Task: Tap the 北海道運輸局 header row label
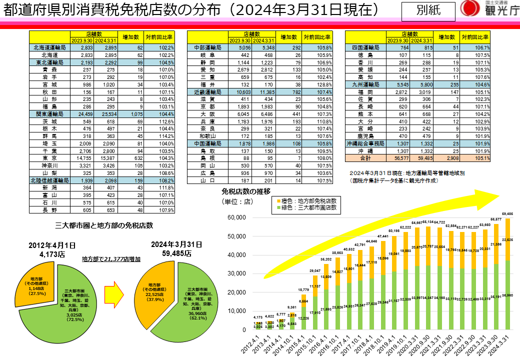(x=49, y=47)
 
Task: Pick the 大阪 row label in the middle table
(x=207, y=114)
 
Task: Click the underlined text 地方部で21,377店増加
(x=111, y=259)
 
